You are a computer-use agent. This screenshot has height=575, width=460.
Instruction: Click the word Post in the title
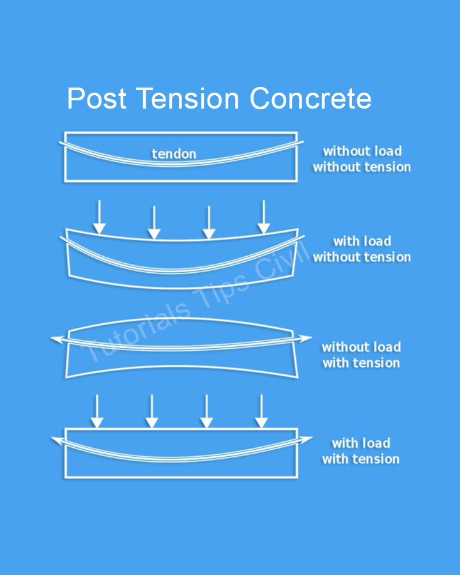97,98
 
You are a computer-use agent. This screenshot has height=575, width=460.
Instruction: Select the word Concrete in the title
310,98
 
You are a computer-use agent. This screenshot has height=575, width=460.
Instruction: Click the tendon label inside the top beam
174,153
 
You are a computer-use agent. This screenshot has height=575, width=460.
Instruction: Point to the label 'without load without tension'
362,159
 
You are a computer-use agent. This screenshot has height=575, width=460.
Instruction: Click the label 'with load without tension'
362,249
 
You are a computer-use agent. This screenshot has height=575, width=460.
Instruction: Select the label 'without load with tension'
362,355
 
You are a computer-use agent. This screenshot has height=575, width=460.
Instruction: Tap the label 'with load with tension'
361,451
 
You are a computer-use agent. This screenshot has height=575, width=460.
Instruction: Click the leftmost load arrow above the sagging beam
99,217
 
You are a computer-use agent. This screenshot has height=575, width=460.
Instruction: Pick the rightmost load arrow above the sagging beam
264,217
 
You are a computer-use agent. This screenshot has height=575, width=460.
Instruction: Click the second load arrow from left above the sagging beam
154,222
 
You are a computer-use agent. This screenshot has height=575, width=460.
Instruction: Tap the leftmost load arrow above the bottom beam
97,411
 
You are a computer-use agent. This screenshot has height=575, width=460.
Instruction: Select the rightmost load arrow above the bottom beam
261,411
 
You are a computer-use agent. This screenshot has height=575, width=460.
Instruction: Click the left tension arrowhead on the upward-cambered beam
57,339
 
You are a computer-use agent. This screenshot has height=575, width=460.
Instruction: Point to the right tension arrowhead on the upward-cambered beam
304,338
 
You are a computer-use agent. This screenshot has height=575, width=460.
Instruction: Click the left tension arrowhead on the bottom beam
57,440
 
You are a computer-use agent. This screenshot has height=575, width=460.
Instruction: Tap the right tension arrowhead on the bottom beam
305,439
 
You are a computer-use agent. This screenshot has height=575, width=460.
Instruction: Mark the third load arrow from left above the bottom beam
206,411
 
